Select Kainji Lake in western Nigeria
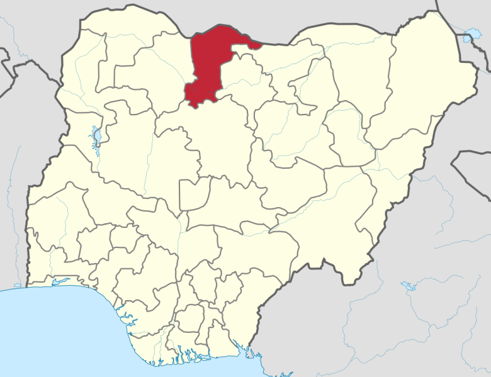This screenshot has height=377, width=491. (96, 135)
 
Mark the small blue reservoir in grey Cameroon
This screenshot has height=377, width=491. (409, 286)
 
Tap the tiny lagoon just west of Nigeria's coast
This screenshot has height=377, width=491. (16, 285)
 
